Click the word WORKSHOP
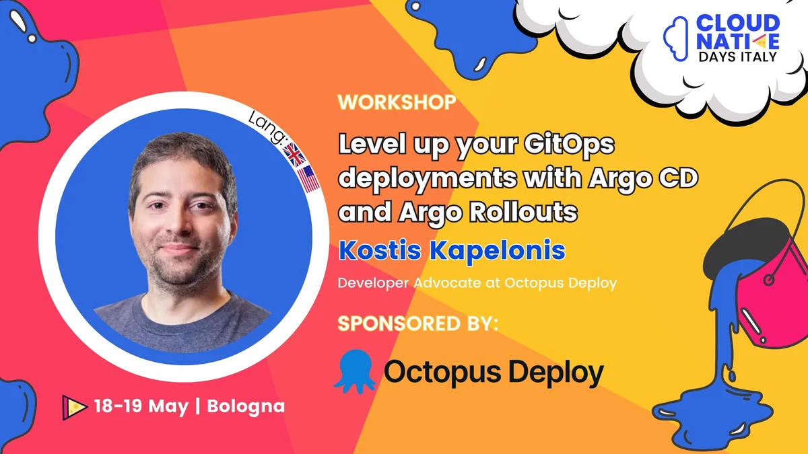tap(397, 103)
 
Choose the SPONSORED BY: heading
tap(417, 323)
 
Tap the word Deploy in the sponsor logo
tap(551, 371)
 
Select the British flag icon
tap(294, 154)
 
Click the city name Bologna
tap(246, 406)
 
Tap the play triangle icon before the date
tap(75, 406)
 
